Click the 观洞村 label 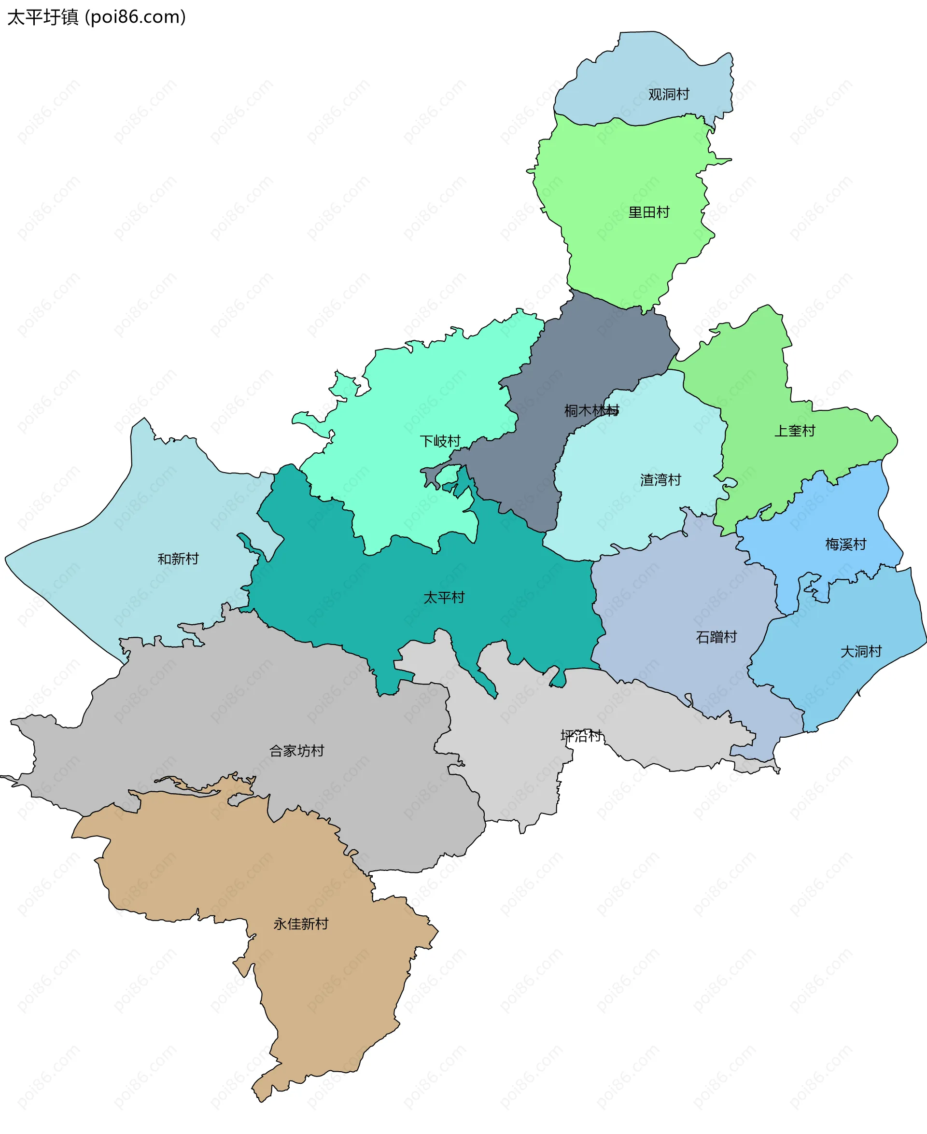(669, 95)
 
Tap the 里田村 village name (649, 212)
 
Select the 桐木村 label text (591, 410)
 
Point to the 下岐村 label (440, 441)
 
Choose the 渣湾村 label (660, 480)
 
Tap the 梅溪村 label (845, 545)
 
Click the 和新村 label (178, 559)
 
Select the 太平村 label (444, 598)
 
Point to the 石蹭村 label (716, 637)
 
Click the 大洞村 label (861, 651)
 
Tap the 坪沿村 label (581, 736)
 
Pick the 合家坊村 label (296, 751)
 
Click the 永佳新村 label (301, 924)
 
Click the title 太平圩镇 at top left (42, 17)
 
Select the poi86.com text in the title (136, 17)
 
